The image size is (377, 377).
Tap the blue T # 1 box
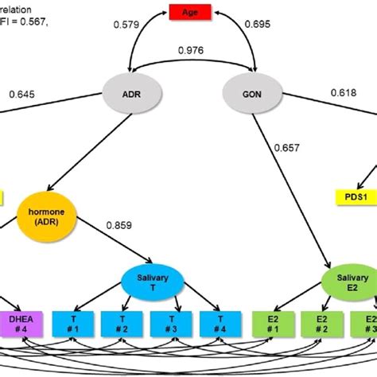pos(74,324)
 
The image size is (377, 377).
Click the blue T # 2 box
pos(123,324)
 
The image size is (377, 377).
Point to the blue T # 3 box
pos(173,324)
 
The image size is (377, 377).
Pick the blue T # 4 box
pos(221,324)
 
